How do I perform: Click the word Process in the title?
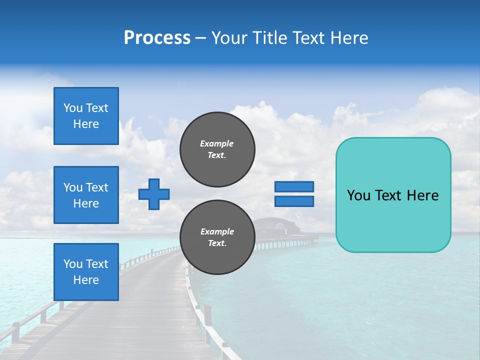(157, 38)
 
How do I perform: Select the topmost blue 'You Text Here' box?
(86, 116)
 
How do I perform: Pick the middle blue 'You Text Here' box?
(86, 195)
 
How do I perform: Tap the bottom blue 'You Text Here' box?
(86, 272)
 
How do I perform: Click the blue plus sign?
(154, 194)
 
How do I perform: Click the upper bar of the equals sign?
(294, 186)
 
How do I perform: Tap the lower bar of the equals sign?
(294, 201)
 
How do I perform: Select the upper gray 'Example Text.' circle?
(217, 149)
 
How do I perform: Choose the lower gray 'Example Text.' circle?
(217, 237)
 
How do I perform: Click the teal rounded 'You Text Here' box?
(393, 195)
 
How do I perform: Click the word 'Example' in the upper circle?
(216, 143)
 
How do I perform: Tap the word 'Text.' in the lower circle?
(217, 243)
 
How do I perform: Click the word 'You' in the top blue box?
(73, 108)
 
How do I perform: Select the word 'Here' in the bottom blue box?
(86, 280)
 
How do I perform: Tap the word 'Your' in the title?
(228, 38)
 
